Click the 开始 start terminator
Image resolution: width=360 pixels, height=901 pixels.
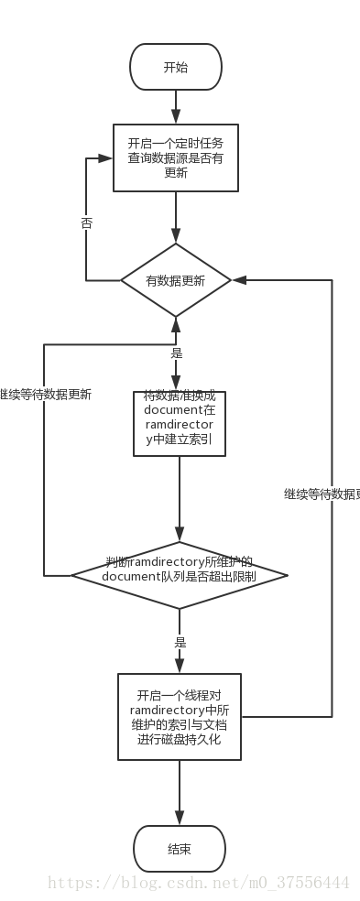pos(176,67)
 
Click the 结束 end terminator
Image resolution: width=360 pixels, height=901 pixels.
pos(179,849)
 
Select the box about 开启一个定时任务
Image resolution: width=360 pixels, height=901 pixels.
pos(176,157)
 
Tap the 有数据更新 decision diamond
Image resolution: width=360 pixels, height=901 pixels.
pos(176,280)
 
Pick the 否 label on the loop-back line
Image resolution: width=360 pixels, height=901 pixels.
pos(86,223)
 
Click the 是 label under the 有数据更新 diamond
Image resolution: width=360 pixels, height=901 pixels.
pos(177,353)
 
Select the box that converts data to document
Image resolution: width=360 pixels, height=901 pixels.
pos(179,423)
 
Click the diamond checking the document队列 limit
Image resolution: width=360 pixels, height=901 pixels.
pos(179,575)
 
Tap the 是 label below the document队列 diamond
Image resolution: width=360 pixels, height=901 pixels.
pos(180,642)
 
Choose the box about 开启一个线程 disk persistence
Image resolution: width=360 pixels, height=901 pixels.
pos(179,716)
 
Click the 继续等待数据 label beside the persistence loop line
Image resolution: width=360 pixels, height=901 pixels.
pos(321,494)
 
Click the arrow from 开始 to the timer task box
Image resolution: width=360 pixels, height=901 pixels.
pos(176,107)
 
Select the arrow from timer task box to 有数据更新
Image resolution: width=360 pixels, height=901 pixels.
pos(176,217)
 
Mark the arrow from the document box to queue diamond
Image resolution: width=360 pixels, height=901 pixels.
pos(179,499)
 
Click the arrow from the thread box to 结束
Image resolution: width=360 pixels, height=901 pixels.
pos(179,792)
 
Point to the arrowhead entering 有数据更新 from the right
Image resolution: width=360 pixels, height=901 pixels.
pos(238,280)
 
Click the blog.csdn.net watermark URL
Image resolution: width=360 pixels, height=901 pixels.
pos(198,883)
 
